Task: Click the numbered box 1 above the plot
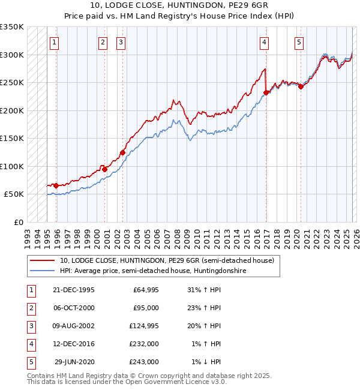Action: (x=55, y=42)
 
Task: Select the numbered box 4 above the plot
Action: (x=264, y=42)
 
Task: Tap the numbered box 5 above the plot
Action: (x=299, y=42)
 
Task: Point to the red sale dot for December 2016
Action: (x=266, y=92)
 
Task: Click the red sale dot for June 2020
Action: (x=301, y=86)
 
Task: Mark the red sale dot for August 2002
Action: (x=122, y=152)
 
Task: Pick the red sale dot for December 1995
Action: (x=56, y=186)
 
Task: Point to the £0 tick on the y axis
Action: (x=18, y=222)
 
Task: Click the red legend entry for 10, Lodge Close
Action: (x=167, y=260)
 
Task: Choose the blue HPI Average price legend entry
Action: (x=152, y=271)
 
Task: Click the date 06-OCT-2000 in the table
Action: (x=74, y=308)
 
